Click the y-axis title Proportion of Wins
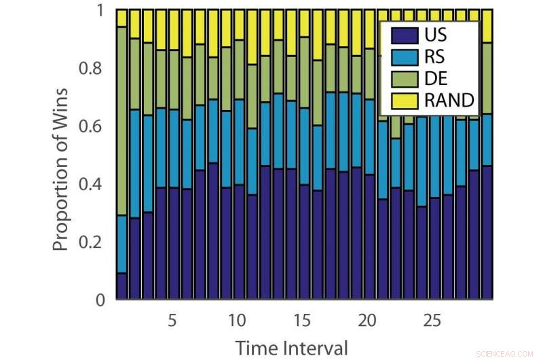pyautogui.click(x=62, y=169)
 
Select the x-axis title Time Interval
pyautogui.click(x=292, y=348)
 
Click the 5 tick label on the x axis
pyautogui.click(x=172, y=320)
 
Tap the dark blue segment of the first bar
pyautogui.click(x=122, y=286)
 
